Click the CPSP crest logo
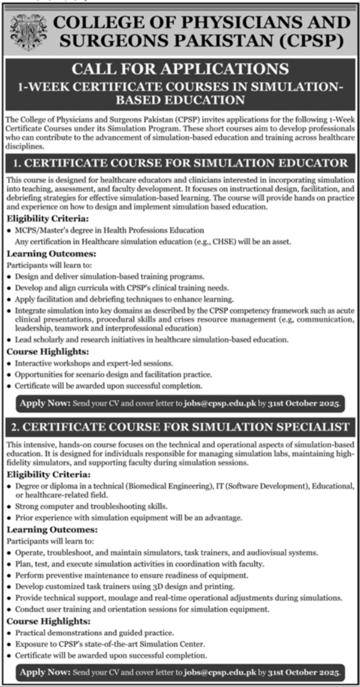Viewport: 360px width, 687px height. (25, 30)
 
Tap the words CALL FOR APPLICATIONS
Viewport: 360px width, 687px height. (180, 69)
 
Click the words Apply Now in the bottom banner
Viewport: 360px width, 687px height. (45, 672)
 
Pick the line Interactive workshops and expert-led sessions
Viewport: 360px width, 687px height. (94, 363)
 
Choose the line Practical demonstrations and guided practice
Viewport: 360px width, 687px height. (94, 632)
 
